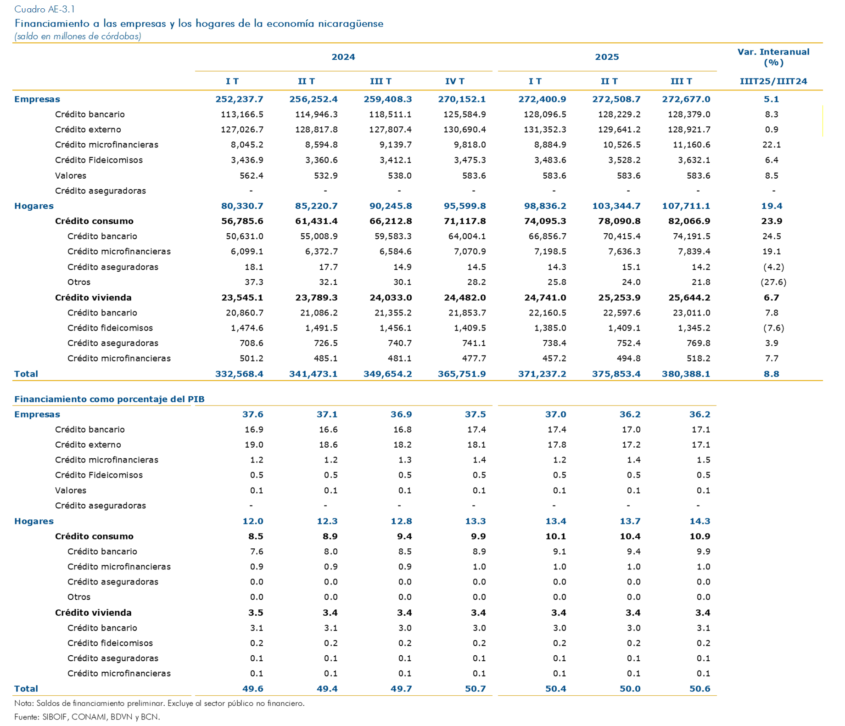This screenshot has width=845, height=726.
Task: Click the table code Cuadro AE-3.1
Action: pos(45,9)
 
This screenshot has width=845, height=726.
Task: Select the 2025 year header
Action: pos(607,57)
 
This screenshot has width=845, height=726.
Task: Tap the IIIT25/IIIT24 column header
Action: pos(773,81)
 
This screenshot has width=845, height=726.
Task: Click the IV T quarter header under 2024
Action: pos(455,81)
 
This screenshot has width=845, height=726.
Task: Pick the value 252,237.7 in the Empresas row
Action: pos(239,99)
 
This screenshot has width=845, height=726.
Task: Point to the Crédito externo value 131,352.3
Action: pos(545,129)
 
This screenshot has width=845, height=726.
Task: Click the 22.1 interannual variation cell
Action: pos(772,145)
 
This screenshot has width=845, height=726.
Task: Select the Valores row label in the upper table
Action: pos(71,175)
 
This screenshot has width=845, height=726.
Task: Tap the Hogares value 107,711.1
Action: pos(686,206)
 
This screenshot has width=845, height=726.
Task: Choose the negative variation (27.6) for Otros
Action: pos(773,282)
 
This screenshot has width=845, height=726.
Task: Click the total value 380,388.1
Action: pos(686,374)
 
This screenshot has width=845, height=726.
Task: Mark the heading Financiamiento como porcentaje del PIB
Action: pos(109,399)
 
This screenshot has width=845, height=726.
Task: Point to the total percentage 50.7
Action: pos(475,688)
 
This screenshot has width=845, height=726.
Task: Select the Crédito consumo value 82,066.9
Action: pos(689,221)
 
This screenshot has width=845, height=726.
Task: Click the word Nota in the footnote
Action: pos(23,703)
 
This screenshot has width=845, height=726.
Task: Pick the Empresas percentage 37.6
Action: pos(252,414)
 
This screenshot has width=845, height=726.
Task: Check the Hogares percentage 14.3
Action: pos(700,521)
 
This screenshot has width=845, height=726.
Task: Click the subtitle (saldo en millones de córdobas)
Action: pos(78,36)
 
